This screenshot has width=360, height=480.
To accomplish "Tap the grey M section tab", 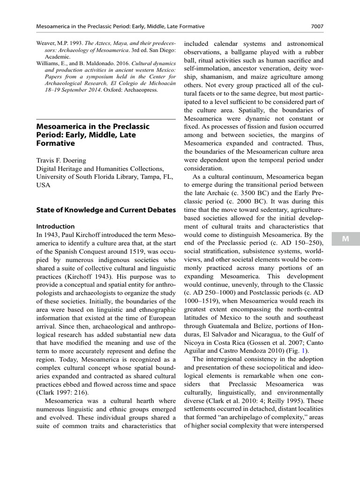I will point(345,239).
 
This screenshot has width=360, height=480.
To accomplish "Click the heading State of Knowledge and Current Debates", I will point(100,210).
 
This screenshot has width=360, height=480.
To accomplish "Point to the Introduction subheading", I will point(55,226).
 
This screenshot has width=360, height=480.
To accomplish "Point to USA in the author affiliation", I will point(44,185).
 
